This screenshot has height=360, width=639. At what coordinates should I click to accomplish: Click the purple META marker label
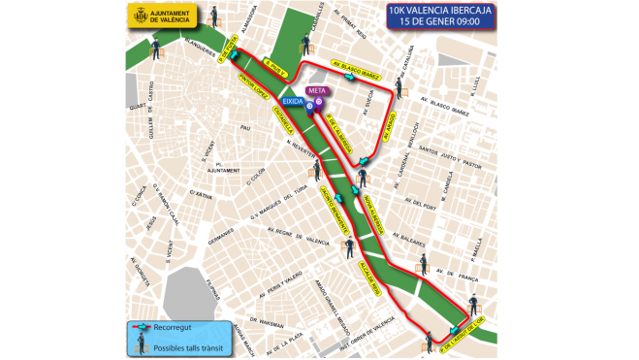[316, 91]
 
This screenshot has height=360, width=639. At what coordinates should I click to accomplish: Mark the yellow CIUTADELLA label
[285, 122]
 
